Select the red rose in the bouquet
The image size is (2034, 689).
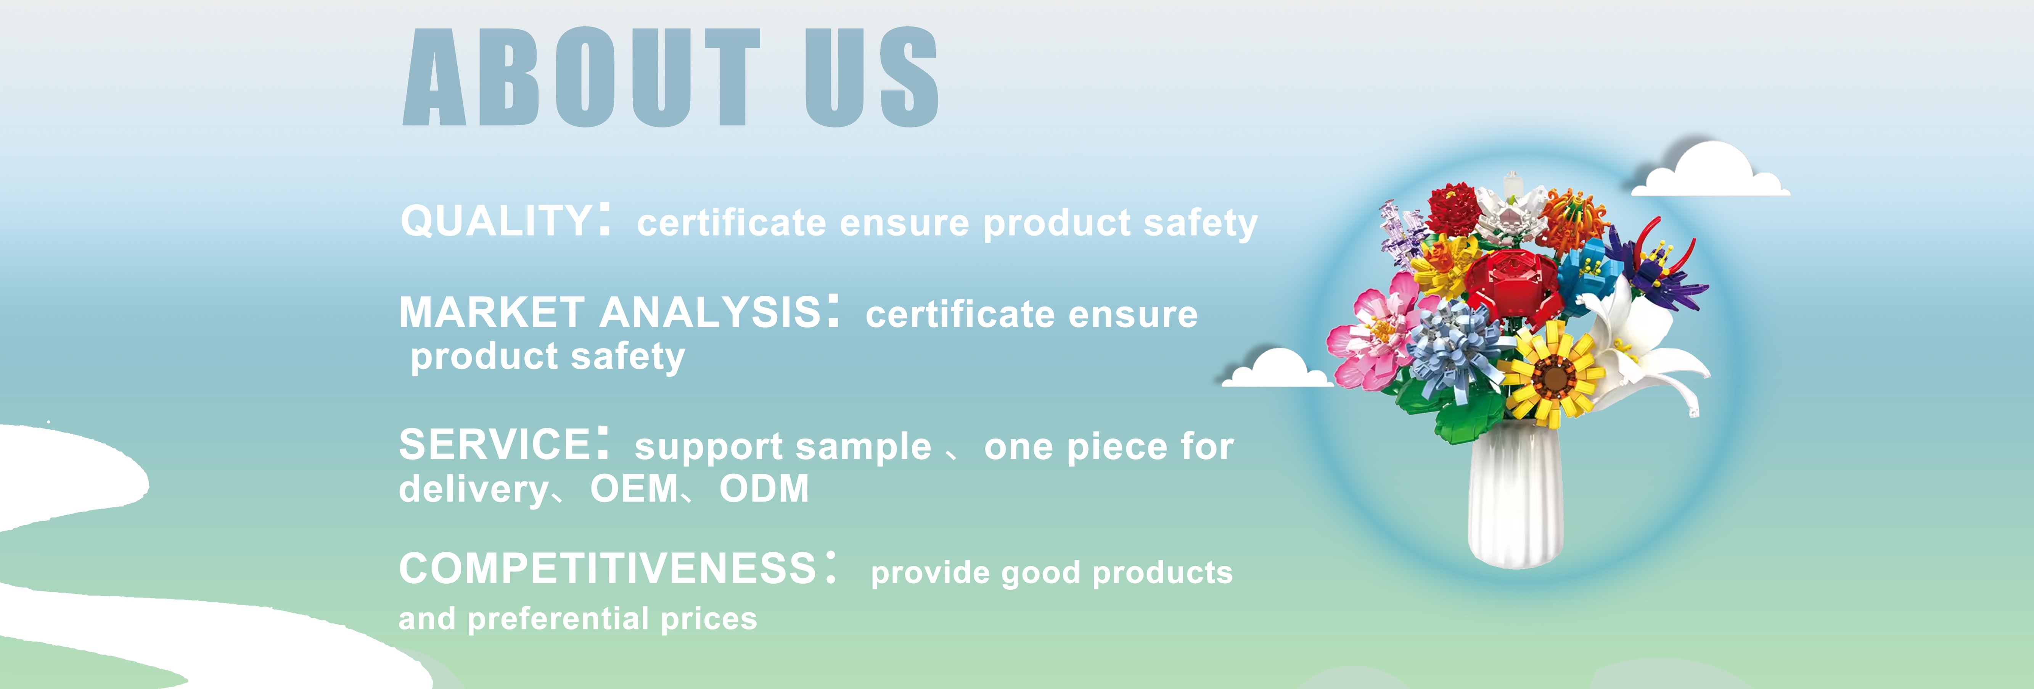1512,284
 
